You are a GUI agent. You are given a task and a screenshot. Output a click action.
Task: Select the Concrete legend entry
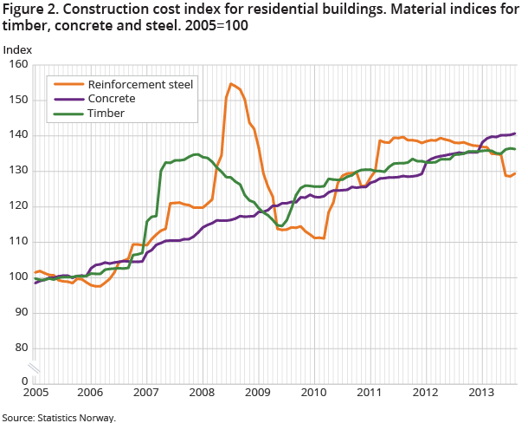(111, 99)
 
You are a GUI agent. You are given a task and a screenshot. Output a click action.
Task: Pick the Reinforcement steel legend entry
(134, 85)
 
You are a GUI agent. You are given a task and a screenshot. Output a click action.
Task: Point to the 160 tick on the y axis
(18, 65)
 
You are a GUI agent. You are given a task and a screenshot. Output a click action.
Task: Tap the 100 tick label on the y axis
(18, 277)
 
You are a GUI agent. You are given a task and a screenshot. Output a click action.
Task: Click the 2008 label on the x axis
(202, 393)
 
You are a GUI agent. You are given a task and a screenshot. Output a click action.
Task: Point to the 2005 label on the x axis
(35, 393)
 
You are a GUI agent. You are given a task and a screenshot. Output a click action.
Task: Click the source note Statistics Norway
(58, 417)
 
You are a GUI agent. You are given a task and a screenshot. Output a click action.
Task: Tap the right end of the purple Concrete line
(516, 133)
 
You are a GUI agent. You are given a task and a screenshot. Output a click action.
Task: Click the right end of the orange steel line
(516, 173)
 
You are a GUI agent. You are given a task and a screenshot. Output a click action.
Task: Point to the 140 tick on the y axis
(18, 136)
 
